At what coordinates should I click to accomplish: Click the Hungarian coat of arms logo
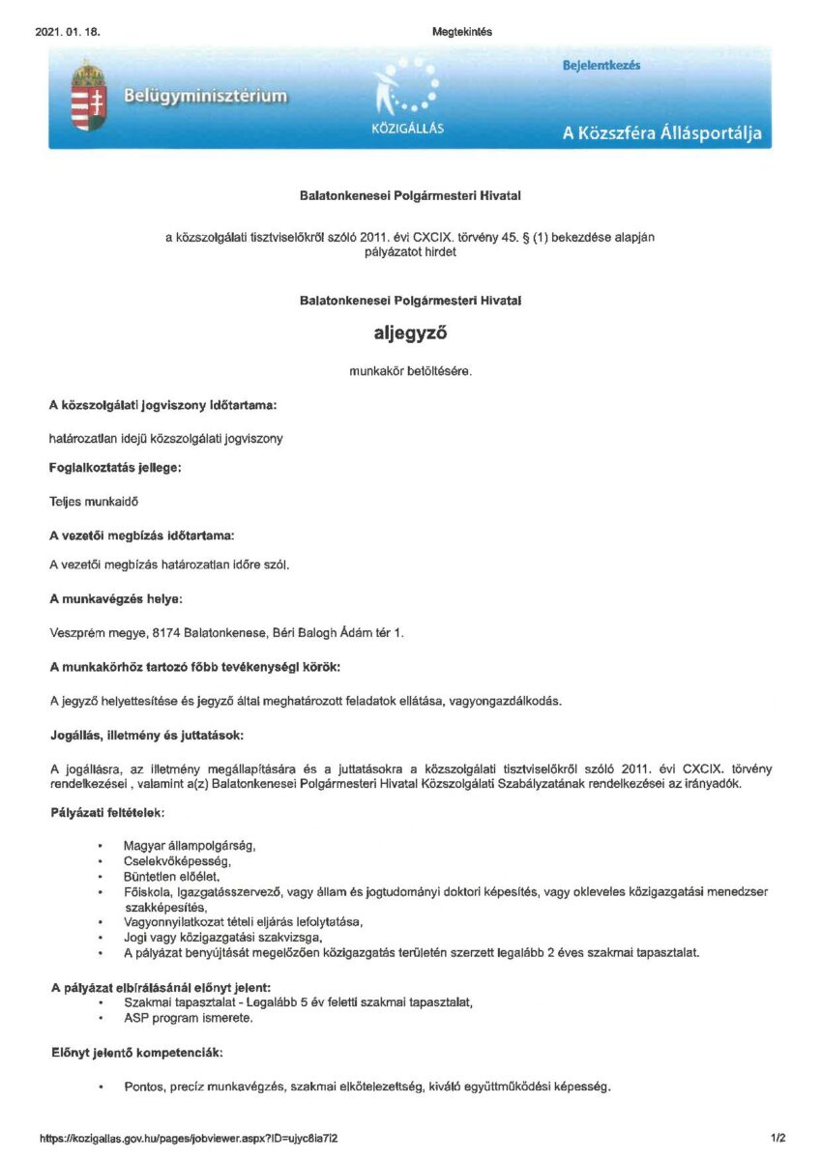[x=88, y=96]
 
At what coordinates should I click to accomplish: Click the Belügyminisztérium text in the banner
[x=205, y=96]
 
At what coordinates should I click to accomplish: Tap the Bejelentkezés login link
[x=601, y=65]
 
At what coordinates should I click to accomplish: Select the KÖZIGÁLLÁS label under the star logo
[x=407, y=130]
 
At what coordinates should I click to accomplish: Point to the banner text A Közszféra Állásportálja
[x=661, y=133]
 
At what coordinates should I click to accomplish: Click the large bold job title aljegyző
[x=410, y=333]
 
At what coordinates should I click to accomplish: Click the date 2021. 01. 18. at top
[x=67, y=32]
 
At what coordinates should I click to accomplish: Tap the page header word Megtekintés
[x=462, y=32]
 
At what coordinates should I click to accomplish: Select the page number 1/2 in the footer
[x=778, y=1138]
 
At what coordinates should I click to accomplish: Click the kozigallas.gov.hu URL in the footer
[x=189, y=1138]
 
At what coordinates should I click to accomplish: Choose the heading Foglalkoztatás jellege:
[x=115, y=468]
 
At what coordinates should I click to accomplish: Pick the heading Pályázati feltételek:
[x=107, y=812]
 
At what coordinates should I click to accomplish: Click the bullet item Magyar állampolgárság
[x=190, y=846]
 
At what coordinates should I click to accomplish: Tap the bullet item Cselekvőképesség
[x=178, y=860]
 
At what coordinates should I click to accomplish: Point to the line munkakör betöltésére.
[x=410, y=370]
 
